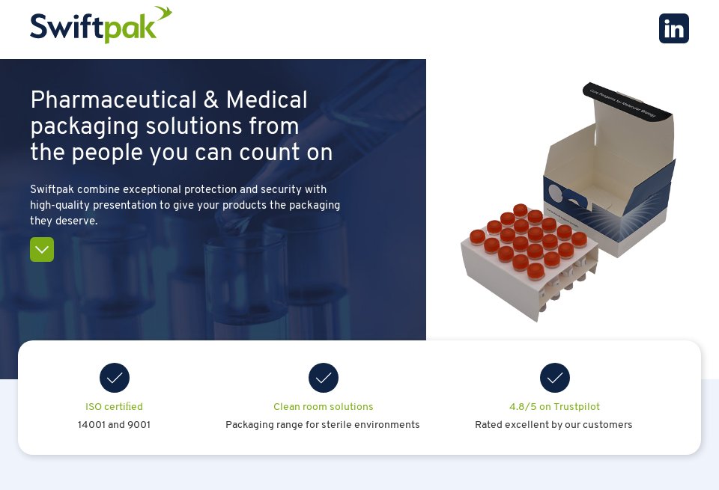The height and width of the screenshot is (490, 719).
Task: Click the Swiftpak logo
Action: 100,27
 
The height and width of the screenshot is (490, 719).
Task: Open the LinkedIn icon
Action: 673,28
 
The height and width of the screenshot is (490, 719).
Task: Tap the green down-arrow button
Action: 42,249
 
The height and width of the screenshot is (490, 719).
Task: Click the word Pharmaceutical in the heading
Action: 112,100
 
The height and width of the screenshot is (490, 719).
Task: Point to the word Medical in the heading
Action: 267,100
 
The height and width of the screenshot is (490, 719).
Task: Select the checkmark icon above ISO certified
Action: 115,378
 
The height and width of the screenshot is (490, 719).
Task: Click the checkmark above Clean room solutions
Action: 324,378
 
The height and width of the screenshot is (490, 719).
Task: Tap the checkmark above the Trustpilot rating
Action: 555,378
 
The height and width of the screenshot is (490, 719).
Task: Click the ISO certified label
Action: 114,407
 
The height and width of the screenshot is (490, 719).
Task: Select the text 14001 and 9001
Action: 114,425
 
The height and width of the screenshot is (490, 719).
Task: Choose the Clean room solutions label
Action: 323,407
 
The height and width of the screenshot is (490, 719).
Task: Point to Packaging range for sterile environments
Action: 323,425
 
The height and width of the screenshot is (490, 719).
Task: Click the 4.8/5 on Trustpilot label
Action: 554,407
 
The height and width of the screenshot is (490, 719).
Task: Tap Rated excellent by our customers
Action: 553,425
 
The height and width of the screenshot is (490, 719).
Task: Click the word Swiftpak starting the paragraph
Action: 52,189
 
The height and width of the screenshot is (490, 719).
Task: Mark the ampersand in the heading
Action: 209,100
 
